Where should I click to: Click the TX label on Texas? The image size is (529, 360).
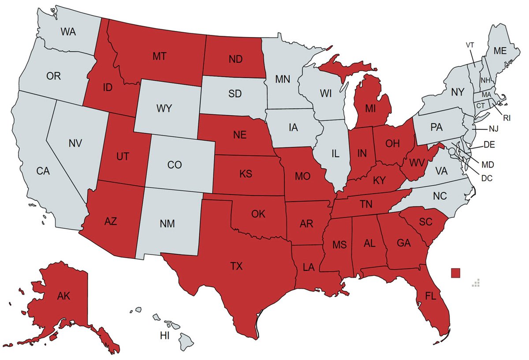[x=237, y=266]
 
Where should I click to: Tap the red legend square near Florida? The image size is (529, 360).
[x=456, y=273]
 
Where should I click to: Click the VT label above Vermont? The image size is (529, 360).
[x=470, y=45]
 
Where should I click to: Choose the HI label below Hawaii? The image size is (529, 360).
[x=164, y=336]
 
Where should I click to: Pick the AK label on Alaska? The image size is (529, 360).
[x=63, y=296]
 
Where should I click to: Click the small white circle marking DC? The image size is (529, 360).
[x=451, y=151]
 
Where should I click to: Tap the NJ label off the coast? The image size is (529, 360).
[x=493, y=129]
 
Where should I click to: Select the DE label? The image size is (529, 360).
[x=489, y=144]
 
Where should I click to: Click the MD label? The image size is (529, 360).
[x=488, y=165]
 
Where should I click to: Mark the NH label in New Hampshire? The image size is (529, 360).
[x=485, y=80]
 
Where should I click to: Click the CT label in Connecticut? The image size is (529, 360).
[x=480, y=106]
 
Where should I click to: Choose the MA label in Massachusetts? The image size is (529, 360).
[x=486, y=95]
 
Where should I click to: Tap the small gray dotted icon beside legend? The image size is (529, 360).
[x=475, y=283]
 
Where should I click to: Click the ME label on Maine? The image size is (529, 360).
[x=500, y=51]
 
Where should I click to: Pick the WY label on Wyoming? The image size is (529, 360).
[x=164, y=108]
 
